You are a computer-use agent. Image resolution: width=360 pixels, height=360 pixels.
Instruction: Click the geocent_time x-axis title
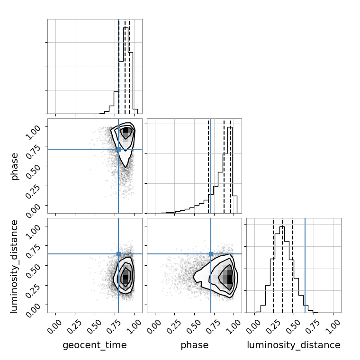pyautogui.click(x=95, y=345)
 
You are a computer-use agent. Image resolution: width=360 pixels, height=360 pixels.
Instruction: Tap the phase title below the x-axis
pyautogui.click(x=195, y=345)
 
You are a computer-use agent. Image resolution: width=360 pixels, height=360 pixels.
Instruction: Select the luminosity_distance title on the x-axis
pyautogui.click(x=294, y=345)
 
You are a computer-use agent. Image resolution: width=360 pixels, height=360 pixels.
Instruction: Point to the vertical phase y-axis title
pyautogui.click(x=14, y=166)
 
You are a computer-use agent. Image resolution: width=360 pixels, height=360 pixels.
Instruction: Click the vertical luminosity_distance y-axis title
pyautogui.click(x=14, y=266)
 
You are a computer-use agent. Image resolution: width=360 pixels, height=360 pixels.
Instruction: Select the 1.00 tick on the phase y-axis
pyautogui.click(x=33, y=133)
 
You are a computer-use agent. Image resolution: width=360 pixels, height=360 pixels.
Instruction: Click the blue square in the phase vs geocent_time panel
pyautogui.click(x=118, y=150)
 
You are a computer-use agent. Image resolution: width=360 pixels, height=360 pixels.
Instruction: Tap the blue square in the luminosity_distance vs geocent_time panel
pyautogui.click(x=118, y=254)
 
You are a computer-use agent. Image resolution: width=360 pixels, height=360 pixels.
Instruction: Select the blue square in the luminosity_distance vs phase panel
pyautogui.click(x=211, y=254)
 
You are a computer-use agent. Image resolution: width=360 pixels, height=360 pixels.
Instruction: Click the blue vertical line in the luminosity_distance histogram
pyautogui.click(x=305, y=265)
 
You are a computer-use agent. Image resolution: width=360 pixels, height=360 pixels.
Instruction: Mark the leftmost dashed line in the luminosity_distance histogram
pyautogui.click(x=273, y=265)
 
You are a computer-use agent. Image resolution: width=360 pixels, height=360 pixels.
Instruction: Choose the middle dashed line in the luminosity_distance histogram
pyautogui.click(x=282, y=265)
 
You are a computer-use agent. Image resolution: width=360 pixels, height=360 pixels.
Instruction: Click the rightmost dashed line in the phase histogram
pyautogui.click(x=231, y=166)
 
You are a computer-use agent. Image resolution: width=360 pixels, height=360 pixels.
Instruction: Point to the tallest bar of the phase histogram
pyautogui.click(x=230, y=170)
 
